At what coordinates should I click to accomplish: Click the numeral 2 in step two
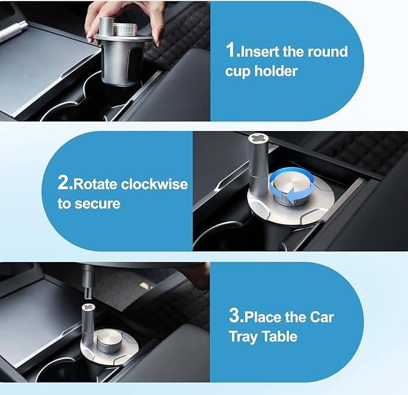(x=62, y=183)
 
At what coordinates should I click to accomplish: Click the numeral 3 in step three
(x=234, y=316)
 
